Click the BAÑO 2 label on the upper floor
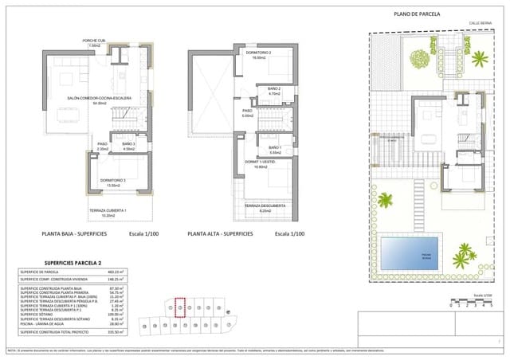[x=275, y=91]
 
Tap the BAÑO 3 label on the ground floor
[x=129, y=146]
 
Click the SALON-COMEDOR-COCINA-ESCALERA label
[x=100, y=100]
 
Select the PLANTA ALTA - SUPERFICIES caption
[x=220, y=234]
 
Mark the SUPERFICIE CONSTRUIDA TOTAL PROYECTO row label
[x=57, y=331]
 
